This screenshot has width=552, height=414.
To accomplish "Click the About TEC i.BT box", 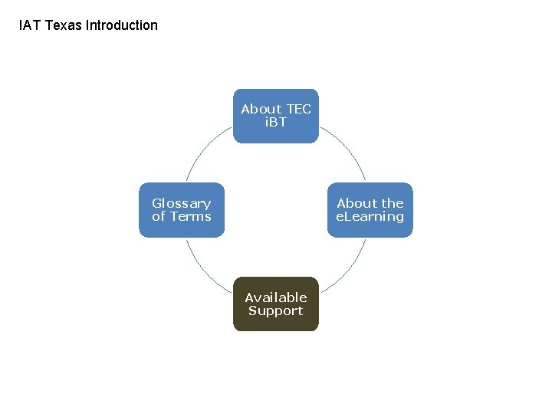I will pos(275,116).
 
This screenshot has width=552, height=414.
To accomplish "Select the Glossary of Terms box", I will pos(182,210).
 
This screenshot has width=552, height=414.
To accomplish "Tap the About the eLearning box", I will pos(370,210).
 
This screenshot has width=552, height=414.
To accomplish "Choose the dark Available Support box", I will pos(275,304).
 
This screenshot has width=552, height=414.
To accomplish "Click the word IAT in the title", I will pos(30,25).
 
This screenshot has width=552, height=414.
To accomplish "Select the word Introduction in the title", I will pos(122,25).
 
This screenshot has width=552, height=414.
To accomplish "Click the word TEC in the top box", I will pos(297,109).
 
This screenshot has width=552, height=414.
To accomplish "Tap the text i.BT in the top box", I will pos(275,123).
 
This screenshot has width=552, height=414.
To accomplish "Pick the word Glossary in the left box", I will pos(182,203).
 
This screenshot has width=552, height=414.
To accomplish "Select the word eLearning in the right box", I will pos(370,217).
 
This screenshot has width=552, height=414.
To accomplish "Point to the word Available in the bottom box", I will pos(275,297).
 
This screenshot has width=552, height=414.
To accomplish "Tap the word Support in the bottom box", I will pos(275,311).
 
